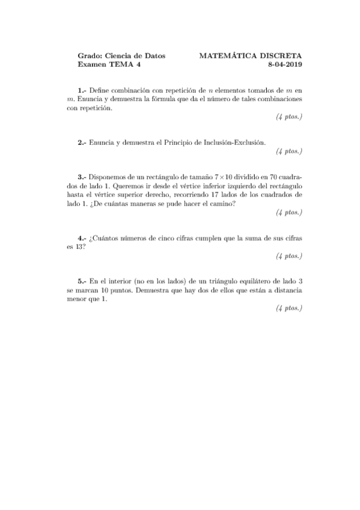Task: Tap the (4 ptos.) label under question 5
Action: pyautogui.click(x=289, y=309)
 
